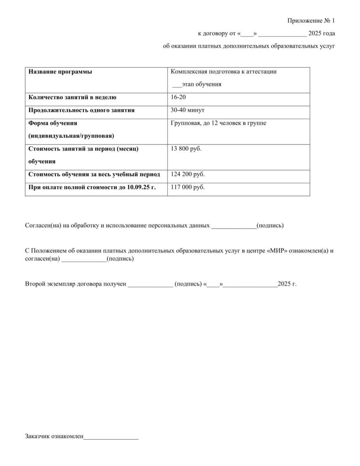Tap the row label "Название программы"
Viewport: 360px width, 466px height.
(59, 72)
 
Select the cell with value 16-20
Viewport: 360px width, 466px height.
(178, 97)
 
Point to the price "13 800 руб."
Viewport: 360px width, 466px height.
(186, 149)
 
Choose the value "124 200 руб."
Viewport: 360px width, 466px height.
(188, 174)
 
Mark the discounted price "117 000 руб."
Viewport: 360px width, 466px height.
(188, 187)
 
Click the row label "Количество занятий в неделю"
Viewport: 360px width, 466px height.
(72, 97)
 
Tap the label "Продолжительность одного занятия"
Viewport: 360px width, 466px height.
(81, 110)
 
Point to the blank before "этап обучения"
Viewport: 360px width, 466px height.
(177, 85)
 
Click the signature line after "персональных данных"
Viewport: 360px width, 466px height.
(234, 226)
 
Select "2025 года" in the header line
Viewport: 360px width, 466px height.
(321, 34)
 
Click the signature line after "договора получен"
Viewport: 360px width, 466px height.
(150, 284)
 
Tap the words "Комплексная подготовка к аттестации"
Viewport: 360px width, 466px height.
(223, 72)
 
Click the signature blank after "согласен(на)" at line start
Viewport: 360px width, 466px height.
(83, 259)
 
